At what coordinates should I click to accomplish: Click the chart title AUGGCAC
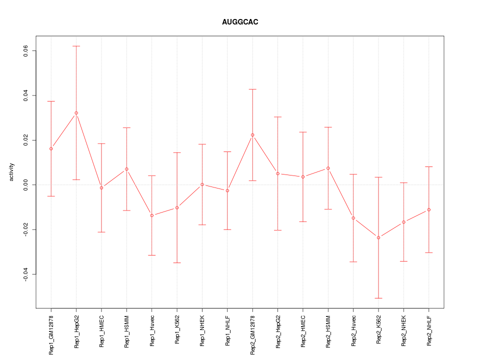(240, 22)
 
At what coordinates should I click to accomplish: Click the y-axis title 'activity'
(12, 172)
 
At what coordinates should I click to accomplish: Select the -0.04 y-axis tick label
(25, 274)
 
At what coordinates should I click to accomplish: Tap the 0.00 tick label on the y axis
(25, 185)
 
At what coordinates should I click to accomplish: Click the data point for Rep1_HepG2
(76, 113)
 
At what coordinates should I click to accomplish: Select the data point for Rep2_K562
(378, 237)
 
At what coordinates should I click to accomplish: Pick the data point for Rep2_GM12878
(252, 135)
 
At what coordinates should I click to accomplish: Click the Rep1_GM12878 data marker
(51, 148)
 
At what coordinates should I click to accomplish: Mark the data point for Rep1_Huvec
(151, 215)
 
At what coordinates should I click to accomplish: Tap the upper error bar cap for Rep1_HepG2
(76, 46)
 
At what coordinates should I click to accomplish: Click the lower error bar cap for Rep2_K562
(378, 298)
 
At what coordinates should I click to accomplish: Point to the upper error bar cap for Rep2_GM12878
(252, 89)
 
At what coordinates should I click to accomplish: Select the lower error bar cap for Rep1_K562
(177, 262)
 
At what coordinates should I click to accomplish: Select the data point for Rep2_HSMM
(328, 168)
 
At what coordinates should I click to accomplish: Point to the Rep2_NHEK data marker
(403, 222)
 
